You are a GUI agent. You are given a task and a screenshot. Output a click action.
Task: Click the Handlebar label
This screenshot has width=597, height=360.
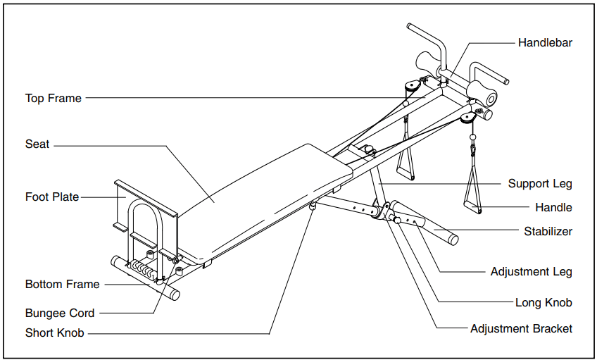tap(545, 43)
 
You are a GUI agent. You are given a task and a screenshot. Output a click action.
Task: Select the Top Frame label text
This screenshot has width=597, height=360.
tap(54, 99)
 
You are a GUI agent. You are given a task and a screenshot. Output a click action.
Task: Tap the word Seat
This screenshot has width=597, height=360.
tap(37, 144)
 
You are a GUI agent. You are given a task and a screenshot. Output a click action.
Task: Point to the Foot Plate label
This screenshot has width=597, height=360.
tap(52, 197)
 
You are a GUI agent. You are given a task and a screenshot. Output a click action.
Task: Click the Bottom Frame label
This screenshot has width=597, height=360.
tap(63, 284)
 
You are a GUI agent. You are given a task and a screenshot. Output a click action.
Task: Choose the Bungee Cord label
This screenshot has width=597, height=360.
tap(60, 313)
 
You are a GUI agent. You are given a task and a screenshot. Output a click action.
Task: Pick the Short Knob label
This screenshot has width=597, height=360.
tap(54, 333)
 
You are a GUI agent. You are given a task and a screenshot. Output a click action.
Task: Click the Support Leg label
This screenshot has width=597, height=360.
tap(540, 184)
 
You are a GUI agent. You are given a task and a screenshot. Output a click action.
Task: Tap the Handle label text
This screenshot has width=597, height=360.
tap(553, 208)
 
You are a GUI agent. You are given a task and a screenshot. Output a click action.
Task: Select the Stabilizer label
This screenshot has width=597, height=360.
tap(548, 231)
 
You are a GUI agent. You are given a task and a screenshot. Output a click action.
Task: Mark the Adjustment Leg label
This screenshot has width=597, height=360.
tap(531, 272)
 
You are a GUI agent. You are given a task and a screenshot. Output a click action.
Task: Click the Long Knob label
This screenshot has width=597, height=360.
tap(543, 302)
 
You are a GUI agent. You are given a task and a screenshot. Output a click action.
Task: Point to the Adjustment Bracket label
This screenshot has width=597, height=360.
tap(521, 329)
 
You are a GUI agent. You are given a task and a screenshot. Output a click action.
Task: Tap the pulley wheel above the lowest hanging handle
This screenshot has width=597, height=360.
tap(467, 118)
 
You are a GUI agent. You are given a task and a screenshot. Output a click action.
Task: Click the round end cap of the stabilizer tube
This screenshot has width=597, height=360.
tap(453, 240)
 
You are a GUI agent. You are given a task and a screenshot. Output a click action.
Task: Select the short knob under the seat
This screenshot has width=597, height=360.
tap(313, 206)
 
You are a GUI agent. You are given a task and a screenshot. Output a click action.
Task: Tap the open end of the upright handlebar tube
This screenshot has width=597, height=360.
tap(409, 26)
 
